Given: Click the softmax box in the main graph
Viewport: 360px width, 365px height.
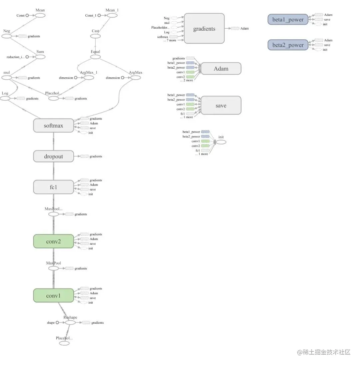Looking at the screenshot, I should (53, 126).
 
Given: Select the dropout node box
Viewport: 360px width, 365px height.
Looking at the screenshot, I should (53, 156).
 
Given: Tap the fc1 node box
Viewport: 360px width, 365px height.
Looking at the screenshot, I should (53, 187).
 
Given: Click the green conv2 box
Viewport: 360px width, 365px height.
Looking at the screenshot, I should (53, 241).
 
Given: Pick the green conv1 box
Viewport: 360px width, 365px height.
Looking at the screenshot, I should (53, 295).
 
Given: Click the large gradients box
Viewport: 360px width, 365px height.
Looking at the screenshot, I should (204, 28).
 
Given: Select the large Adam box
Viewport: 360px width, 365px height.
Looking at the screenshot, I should (221, 69).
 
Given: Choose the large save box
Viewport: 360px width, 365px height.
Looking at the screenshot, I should (221, 105).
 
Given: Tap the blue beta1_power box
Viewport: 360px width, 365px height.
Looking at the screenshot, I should (288, 19).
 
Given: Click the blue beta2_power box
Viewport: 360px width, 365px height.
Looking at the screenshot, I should (288, 45).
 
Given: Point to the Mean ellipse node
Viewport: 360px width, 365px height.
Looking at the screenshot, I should (40, 15).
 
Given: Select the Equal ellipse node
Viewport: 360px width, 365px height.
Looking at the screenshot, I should (95, 57).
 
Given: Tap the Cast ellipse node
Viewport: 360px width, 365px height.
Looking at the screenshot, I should (95, 36).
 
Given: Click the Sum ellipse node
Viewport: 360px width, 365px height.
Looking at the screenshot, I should (40, 57).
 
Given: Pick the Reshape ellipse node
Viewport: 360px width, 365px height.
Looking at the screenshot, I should (70, 322).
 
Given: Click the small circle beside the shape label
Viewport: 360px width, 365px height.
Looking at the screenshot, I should (57, 322).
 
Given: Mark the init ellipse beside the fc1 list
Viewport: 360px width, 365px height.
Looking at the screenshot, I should (221, 142).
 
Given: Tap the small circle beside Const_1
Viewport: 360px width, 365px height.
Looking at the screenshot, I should (99, 15).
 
